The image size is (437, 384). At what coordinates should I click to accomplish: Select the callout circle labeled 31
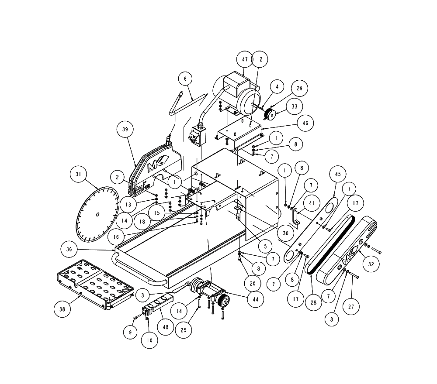tap(79, 175)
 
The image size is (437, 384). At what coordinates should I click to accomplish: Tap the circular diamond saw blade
tap(97, 214)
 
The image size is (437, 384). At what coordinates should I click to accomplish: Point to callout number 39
tap(125, 130)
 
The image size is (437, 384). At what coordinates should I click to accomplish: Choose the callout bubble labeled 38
tap(62, 309)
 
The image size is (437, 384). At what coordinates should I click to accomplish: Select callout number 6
tap(185, 79)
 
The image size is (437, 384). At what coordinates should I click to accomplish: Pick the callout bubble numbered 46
tap(305, 123)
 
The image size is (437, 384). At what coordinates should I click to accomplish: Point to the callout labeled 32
tap(371, 264)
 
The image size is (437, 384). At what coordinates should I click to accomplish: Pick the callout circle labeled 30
tap(285, 233)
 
